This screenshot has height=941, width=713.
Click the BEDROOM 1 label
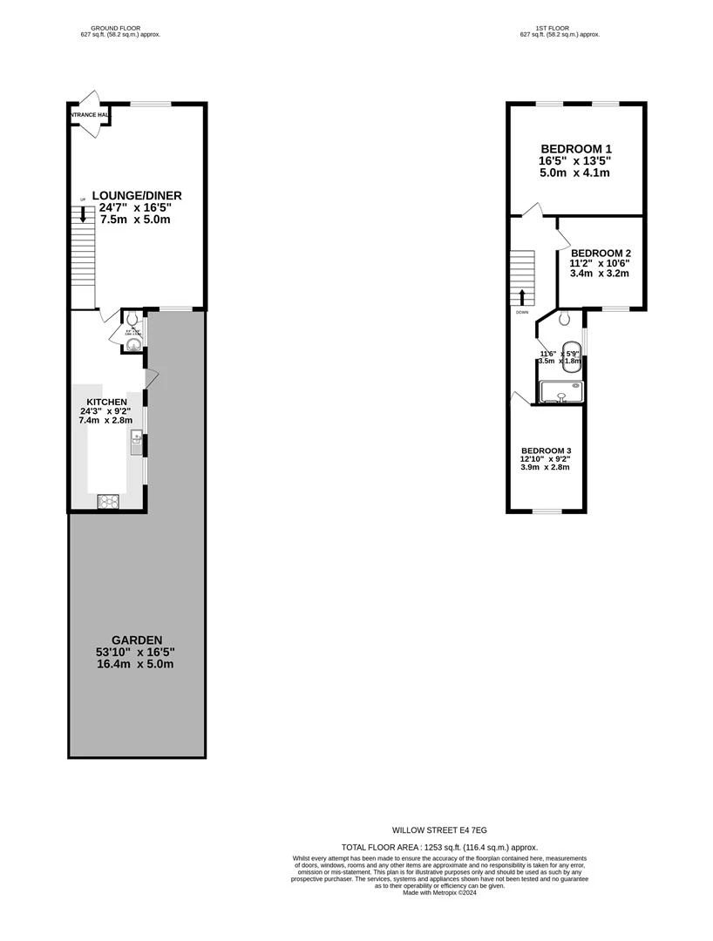click(x=575, y=148)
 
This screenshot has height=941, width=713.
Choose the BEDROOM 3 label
click(x=545, y=450)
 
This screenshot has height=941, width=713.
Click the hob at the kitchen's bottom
click(x=108, y=501)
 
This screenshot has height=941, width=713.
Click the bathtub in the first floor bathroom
click(x=571, y=355)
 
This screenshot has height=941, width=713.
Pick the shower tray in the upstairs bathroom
click(x=560, y=392)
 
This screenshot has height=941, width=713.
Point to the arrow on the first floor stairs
click(x=521, y=297)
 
